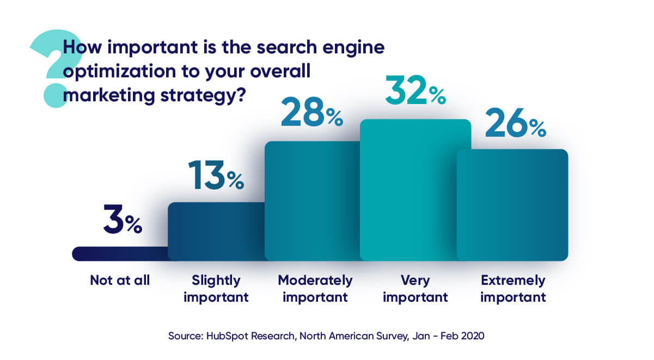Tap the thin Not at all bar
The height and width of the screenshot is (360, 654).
(120, 254)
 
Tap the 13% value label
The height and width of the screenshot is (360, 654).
(216, 175)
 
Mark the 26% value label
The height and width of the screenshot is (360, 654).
(515, 124)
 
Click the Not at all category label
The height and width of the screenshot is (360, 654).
(120, 281)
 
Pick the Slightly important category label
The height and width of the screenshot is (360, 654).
(216, 289)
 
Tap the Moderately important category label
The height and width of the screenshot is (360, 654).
(315, 289)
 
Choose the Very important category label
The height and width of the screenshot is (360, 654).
(415, 289)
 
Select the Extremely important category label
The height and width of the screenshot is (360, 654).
(513, 289)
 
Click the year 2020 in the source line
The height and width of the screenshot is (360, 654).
(472, 337)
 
